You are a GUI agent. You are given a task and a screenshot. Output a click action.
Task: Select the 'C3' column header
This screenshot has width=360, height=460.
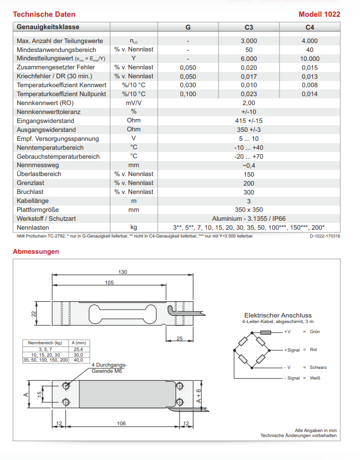click(249, 27)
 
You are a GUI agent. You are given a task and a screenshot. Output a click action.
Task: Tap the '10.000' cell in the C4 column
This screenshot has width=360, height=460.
click(309, 59)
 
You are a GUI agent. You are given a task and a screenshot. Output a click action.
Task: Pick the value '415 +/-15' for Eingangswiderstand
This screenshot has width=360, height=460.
click(249, 121)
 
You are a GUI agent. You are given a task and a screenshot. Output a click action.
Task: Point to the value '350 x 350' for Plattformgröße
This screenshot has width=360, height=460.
click(249, 210)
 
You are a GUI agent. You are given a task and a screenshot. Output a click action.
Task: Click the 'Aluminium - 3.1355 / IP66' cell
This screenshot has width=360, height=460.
click(249, 219)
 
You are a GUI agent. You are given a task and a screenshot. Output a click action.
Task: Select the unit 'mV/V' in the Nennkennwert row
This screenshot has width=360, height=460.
click(134, 103)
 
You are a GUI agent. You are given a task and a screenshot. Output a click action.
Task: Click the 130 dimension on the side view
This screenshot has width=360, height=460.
click(123, 272)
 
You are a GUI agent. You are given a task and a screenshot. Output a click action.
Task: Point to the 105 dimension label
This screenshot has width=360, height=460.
click(110, 283)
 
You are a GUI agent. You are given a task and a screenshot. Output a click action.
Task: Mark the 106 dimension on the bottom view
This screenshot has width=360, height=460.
click(121, 424)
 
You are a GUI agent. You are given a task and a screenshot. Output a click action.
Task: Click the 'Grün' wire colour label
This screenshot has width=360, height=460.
click(315, 331)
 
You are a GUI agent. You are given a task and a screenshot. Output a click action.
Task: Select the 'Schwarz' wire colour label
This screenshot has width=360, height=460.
click(318, 367)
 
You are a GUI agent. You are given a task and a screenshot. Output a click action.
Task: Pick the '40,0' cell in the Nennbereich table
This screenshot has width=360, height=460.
click(78, 360)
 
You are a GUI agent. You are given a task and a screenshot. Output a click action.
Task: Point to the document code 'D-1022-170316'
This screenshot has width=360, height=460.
click(325, 236)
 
